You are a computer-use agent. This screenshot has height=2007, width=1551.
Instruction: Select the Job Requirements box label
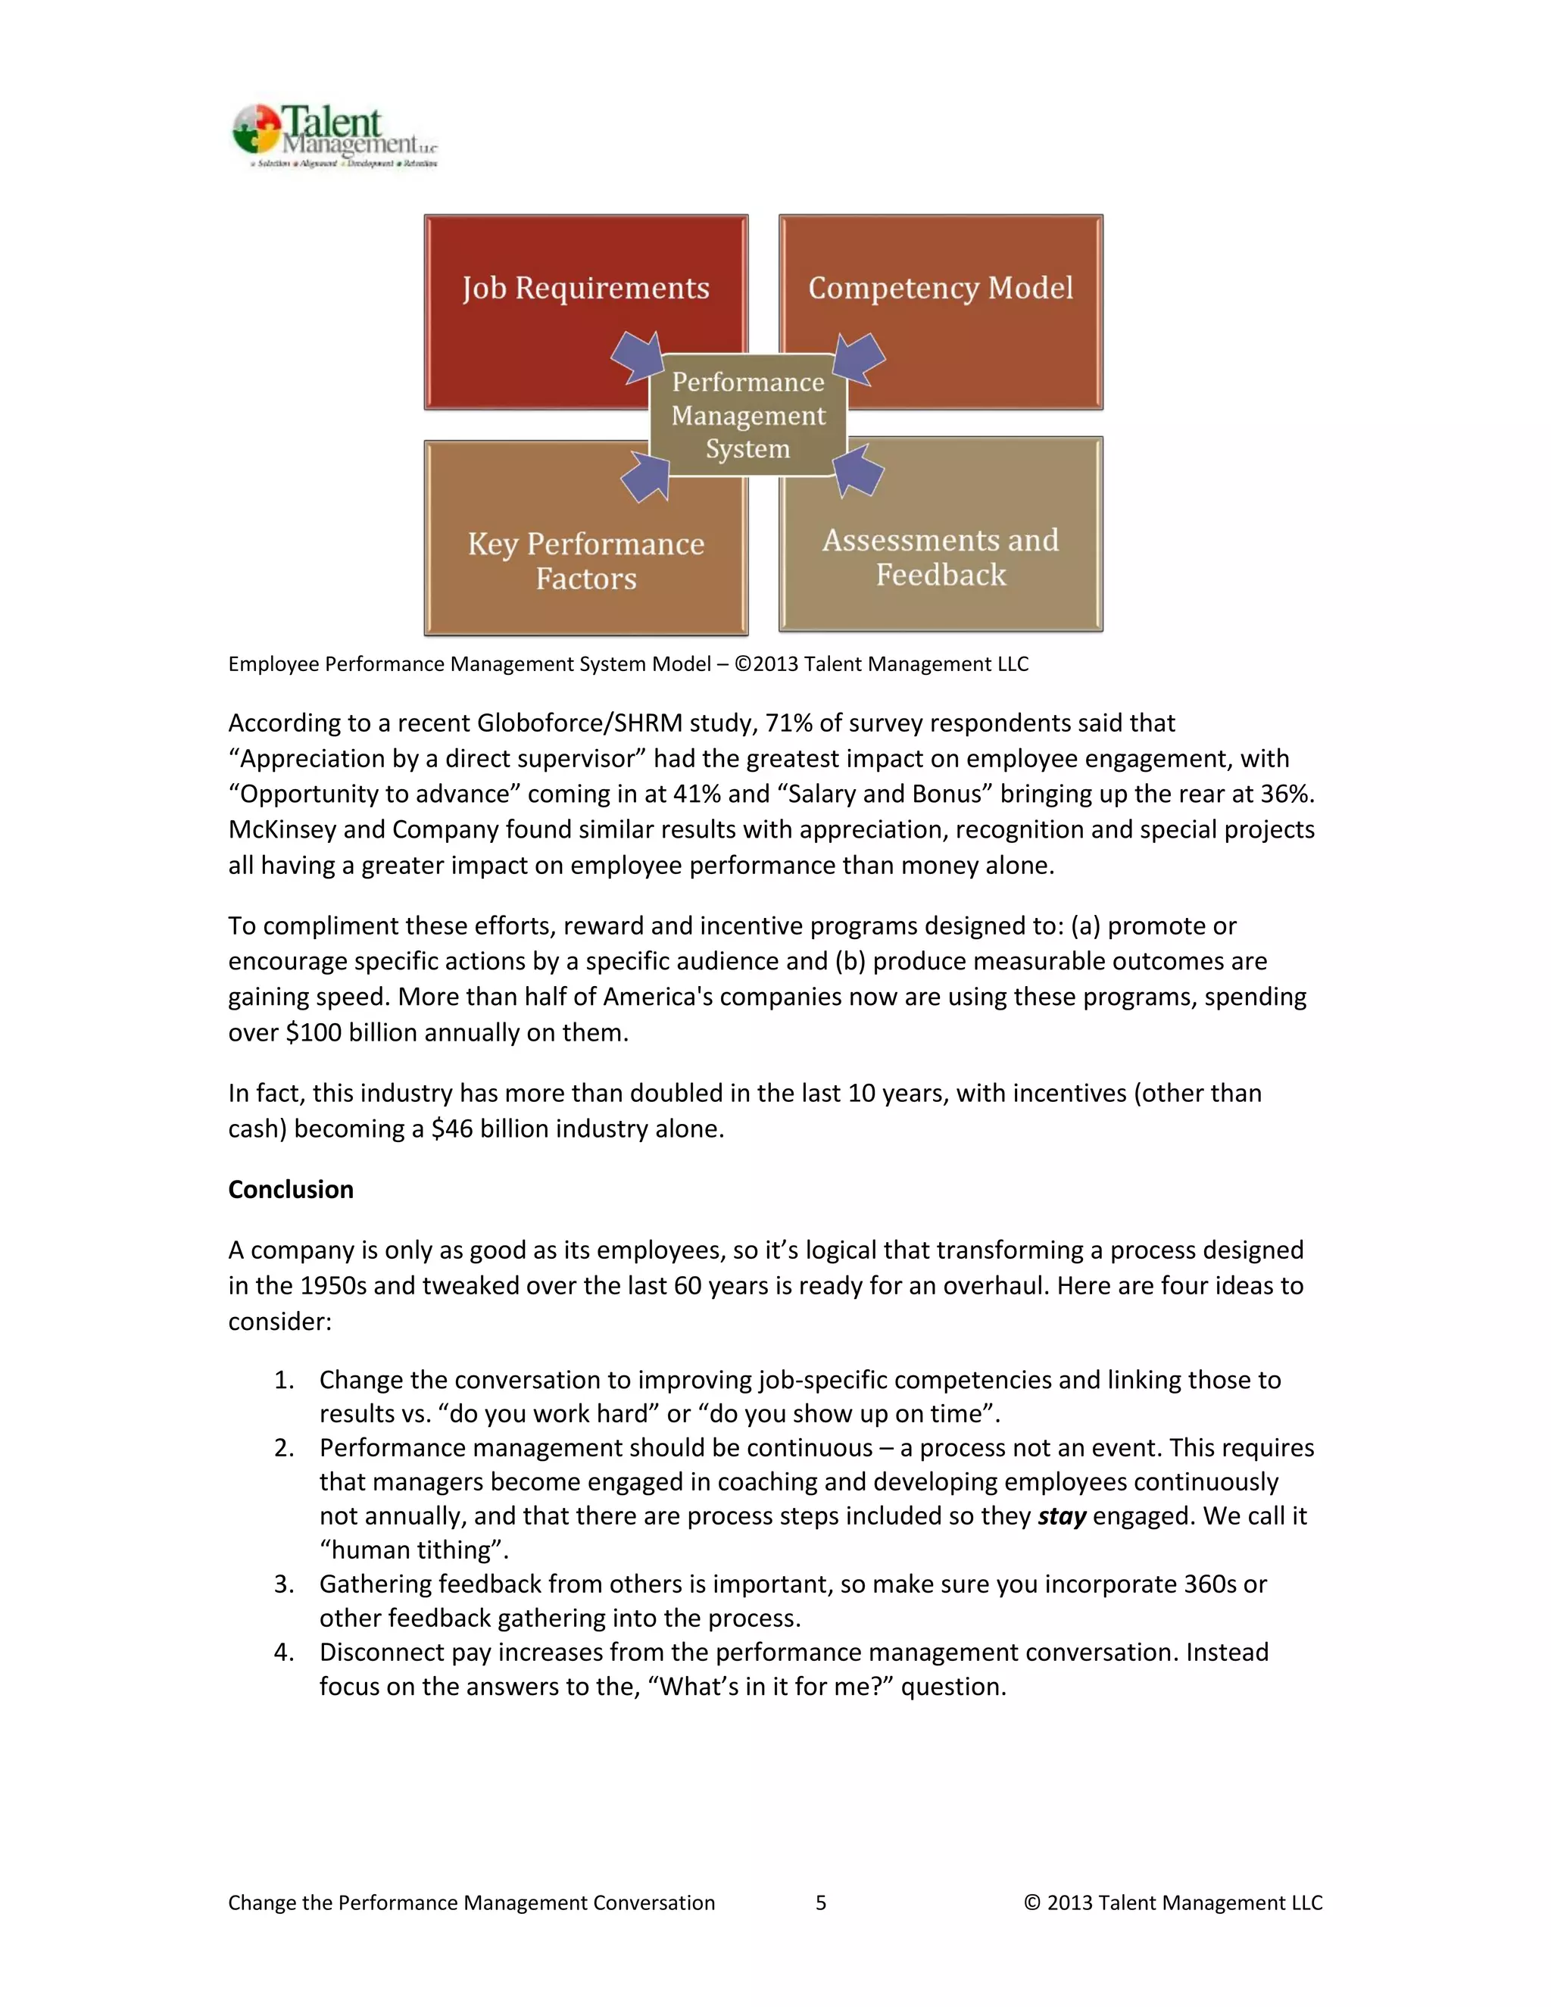[x=585, y=288]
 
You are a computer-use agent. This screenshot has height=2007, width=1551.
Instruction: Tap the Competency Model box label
[x=940, y=288]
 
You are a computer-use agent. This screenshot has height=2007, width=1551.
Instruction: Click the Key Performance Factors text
[x=585, y=560]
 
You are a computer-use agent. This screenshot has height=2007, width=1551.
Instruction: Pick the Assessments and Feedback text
[x=940, y=557]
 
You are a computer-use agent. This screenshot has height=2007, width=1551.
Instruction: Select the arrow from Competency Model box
[x=859, y=357]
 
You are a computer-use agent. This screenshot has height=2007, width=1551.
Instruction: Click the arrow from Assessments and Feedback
[x=858, y=470]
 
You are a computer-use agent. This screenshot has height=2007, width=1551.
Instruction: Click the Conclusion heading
[x=290, y=1189]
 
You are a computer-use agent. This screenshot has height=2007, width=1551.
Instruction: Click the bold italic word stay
[x=1061, y=1515]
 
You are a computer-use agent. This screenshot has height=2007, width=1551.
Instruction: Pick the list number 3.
[x=284, y=1584]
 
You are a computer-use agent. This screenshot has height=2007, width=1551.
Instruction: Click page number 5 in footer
[x=820, y=1902]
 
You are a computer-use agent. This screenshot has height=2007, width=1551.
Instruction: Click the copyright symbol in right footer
[x=1032, y=1902]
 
